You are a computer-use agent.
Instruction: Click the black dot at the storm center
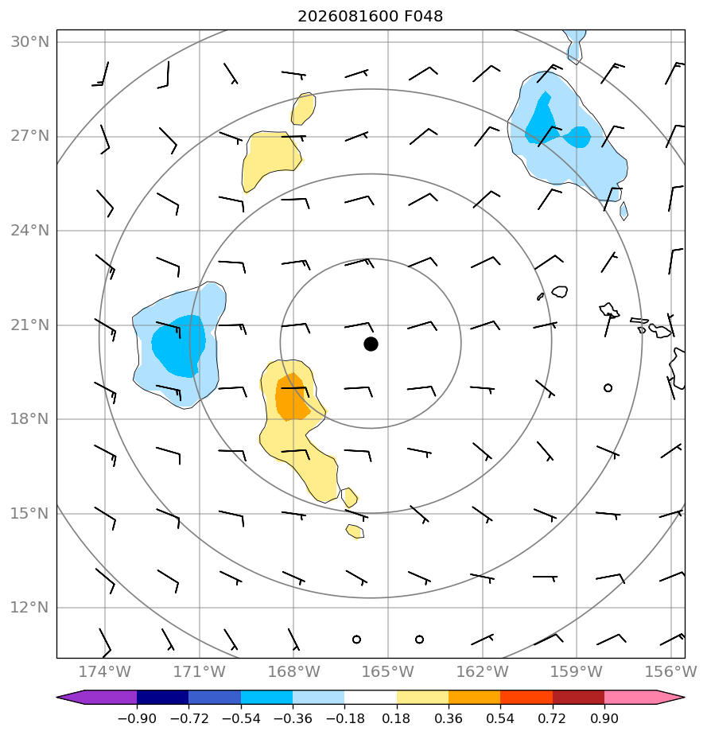tap(371, 344)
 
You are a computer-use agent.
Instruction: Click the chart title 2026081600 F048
tap(370, 17)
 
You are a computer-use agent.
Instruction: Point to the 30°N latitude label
tap(29, 42)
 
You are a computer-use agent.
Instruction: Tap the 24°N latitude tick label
tap(29, 231)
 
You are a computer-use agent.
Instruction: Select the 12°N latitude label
tap(29, 608)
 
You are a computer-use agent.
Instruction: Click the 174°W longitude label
tap(104, 671)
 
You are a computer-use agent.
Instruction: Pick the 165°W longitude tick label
tap(388, 671)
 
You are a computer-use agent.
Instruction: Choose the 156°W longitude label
tap(671, 671)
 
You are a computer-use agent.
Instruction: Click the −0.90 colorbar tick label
tap(137, 718)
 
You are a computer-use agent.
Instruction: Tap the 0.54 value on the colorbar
tap(500, 718)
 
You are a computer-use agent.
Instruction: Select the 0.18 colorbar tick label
tap(396, 718)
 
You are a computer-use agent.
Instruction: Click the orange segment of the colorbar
tap(474, 697)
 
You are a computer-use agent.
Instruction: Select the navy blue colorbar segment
tap(162, 697)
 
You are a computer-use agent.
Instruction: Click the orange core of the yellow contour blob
tap(292, 397)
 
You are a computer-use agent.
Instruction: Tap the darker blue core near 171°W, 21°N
tap(178, 346)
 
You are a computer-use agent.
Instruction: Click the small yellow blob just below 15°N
tap(355, 531)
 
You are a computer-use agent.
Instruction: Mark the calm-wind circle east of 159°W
tap(608, 387)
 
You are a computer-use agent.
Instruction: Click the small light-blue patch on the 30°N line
tap(575, 45)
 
